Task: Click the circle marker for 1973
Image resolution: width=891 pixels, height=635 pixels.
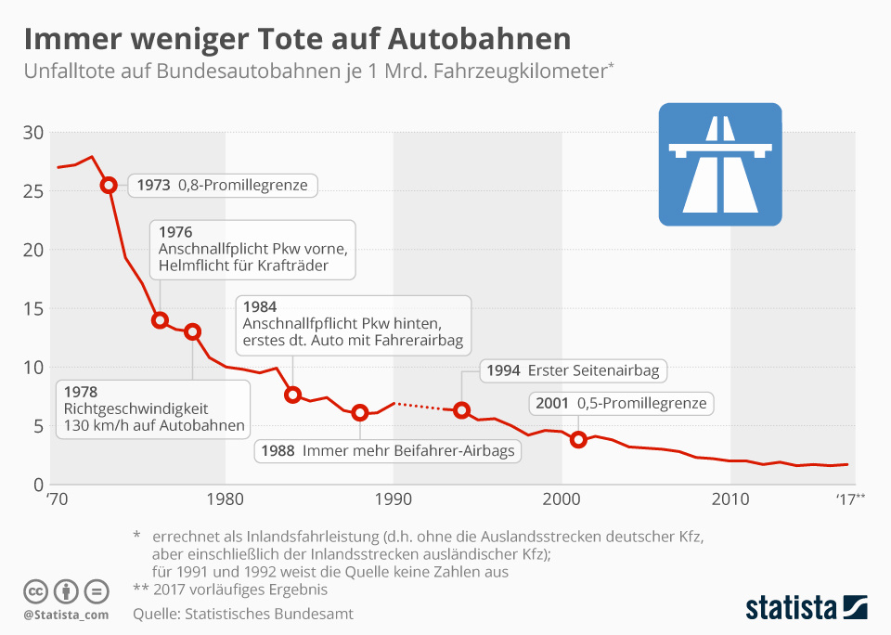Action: pos(109,186)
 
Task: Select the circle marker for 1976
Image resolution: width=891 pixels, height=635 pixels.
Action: pos(160,320)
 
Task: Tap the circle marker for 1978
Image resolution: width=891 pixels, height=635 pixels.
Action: pos(193,331)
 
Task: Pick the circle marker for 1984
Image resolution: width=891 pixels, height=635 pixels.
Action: pos(293,395)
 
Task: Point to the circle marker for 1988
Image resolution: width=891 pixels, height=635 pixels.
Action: pos(360,413)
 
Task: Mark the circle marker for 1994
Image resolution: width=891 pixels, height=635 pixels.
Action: pos(461,410)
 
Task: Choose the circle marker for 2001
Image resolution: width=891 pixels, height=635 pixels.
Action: pos(579,439)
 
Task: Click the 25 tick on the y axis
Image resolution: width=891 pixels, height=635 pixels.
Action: pos(34,191)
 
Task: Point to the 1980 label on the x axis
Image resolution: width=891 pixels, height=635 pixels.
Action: pos(226,500)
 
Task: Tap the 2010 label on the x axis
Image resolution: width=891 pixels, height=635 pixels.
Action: pos(730,500)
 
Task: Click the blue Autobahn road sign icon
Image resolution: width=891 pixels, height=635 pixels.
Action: pos(720,164)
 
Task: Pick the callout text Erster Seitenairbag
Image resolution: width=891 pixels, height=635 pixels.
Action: pos(593,370)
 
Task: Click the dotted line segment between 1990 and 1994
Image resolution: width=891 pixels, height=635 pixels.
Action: pos(427,407)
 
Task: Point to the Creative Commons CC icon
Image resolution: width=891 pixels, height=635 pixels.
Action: pos(36,590)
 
